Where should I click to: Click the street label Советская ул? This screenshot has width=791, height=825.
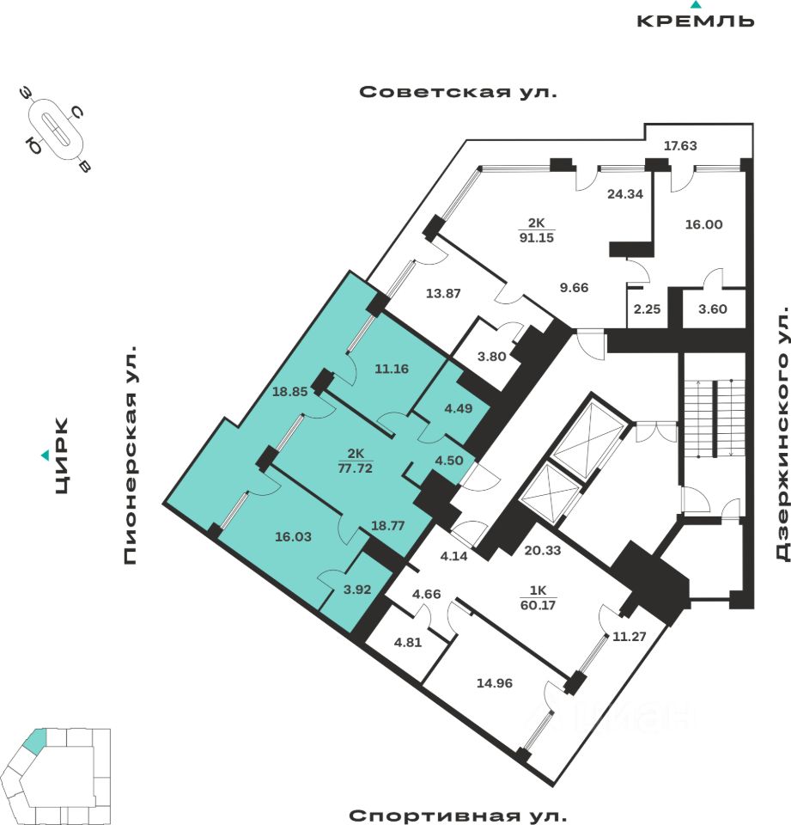point(458,92)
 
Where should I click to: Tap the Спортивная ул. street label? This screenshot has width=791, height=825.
point(458,815)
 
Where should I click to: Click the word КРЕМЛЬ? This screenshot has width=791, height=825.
point(696,21)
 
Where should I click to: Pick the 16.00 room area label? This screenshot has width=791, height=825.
point(703,225)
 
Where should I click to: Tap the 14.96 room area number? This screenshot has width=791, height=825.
point(495,684)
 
